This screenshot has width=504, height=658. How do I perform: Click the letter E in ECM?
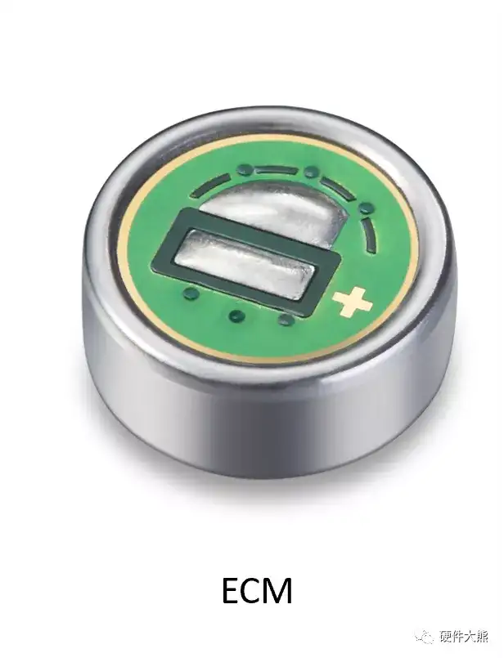point(232,590)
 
